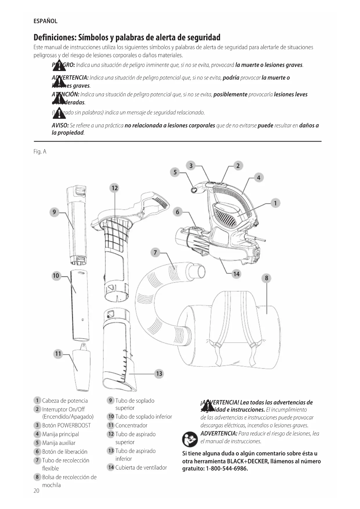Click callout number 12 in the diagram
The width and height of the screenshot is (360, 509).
pyautogui.click(x=115, y=188)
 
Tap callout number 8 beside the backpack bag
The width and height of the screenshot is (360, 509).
pyautogui.click(x=266, y=278)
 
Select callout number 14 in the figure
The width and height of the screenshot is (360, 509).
pyautogui.click(x=236, y=274)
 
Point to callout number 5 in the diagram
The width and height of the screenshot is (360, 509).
pyautogui.click(x=175, y=172)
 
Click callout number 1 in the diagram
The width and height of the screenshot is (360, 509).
pyautogui.click(x=275, y=203)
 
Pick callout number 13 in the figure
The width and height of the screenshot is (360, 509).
pyautogui.click(x=159, y=373)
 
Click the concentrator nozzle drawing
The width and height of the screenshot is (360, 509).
pyautogui.click(x=81, y=367)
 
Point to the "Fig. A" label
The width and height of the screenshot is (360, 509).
pyautogui.click(x=40, y=152)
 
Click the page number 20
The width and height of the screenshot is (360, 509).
pyautogui.click(x=36, y=491)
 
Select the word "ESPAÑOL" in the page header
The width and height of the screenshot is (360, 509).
pyautogui.click(x=46, y=21)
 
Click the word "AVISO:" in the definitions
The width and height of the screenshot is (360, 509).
pyautogui.click(x=60, y=126)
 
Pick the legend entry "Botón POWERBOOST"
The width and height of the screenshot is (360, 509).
pyautogui.click(x=66, y=425)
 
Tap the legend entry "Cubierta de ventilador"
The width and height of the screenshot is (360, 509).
pyautogui.click(x=141, y=468)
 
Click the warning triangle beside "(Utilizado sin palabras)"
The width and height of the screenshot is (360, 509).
pyautogui.click(x=59, y=113)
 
